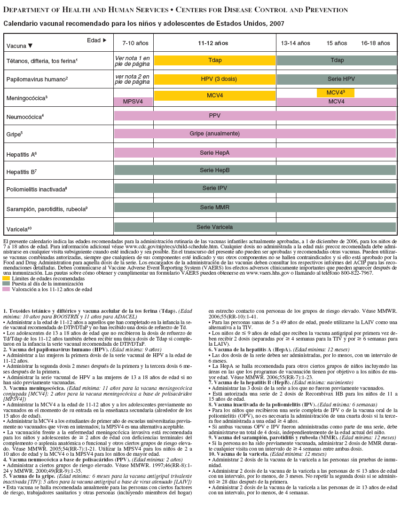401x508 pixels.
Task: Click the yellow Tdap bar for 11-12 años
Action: [x=215, y=60]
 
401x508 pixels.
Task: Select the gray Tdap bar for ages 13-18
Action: [x=337, y=60]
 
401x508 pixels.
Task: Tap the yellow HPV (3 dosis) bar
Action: [x=215, y=79]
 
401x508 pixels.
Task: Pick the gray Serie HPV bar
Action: [x=337, y=79]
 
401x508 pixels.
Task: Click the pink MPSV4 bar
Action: [x=134, y=102]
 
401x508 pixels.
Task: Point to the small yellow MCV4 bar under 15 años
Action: [x=336, y=93]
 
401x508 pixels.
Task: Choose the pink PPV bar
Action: [x=255, y=116]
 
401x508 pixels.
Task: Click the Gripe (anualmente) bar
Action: [x=255, y=134]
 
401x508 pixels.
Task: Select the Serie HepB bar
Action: [x=255, y=170]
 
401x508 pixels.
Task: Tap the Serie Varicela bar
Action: [x=255, y=227]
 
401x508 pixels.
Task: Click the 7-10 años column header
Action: [x=135, y=43]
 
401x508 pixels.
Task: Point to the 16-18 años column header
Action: [x=376, y=43]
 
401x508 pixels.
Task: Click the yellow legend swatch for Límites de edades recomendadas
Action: [x=6, y=278]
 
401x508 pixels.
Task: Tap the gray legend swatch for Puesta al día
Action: [x=6, y=284]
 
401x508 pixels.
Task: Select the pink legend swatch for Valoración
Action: [x=6, y=289]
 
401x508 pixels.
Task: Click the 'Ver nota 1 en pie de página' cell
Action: [x=133, y=60]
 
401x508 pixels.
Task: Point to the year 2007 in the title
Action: [x=277, y=23]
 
